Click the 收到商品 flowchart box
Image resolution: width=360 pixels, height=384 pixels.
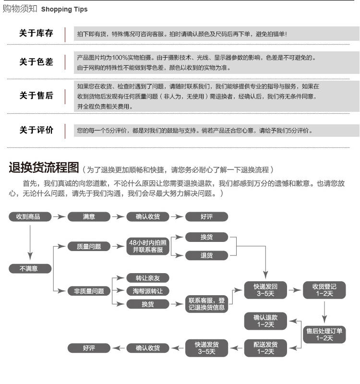point(31,217)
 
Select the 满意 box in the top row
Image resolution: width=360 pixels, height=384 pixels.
point(89,217)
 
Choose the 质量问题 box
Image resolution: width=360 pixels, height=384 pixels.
point(89,246)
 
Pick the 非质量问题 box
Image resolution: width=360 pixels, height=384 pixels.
point(89,291)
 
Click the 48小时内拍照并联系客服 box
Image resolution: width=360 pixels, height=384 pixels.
point(147,246)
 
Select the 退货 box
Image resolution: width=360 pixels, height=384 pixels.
point(206,256)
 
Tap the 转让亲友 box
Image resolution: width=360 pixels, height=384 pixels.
point(147,278)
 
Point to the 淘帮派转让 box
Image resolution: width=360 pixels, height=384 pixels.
point(147,291)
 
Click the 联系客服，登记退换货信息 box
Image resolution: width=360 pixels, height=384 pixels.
point(206,304)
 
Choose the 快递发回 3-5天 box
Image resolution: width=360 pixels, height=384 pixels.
point(265,290)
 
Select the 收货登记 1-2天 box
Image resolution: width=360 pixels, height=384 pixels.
point(324,290)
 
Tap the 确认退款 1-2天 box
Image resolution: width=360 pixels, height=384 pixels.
point(265,321)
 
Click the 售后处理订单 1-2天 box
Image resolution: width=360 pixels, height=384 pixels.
point(324,334)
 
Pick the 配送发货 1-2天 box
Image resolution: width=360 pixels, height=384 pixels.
point(265,348)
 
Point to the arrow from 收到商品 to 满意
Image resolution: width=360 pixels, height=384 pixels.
point(59,217)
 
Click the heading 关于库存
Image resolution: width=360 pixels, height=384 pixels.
point(36,34)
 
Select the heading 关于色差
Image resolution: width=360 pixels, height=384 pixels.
point(36,62)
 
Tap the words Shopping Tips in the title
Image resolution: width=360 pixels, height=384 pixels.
point(64,10)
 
